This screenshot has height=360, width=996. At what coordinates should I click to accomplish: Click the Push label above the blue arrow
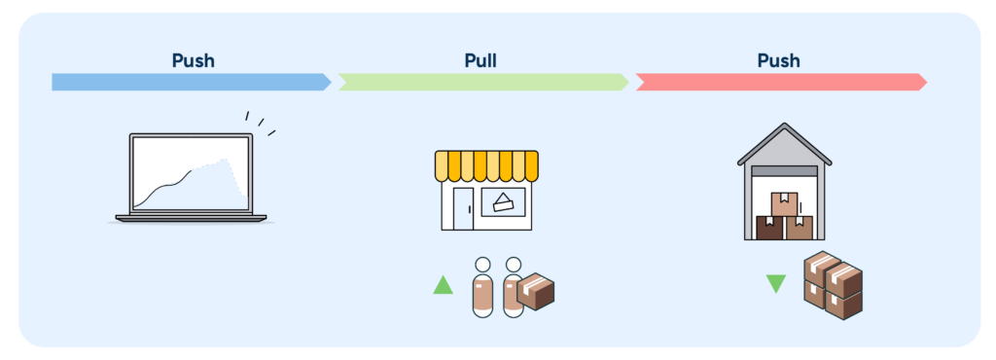(x=193, y=60)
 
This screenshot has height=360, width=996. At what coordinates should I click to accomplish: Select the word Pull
(x=480, y=60)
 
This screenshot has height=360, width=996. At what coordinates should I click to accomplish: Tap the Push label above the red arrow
(x=778, y=60)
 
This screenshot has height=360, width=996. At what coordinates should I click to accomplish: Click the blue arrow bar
(x=190, y=82)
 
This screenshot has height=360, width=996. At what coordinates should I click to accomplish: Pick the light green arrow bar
(x=483, y=82)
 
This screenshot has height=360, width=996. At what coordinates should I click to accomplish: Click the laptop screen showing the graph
(x=191, y=172)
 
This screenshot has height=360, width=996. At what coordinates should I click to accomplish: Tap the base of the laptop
(x=191, y=218)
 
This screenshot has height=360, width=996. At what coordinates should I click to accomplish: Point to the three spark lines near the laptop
(x=260, y=123)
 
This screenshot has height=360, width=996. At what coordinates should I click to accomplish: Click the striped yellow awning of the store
(x=486, y=166)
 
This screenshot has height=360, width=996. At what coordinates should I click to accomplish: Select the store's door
(x=462, y=207)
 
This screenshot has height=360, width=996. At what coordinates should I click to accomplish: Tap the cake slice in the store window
(x=503, y=202)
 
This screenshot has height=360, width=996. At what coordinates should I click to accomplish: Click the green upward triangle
(x=443, y=285)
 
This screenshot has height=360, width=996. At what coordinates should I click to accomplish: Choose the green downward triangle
(x=775, y=284)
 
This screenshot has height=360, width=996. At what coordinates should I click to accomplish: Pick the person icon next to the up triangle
(x=482, y=288)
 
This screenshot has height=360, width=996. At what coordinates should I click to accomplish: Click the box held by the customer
(x=535, y=291)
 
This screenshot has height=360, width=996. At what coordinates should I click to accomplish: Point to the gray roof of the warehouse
(x=784, y=143)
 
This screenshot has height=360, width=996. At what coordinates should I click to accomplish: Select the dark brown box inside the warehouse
(x=770, y=228)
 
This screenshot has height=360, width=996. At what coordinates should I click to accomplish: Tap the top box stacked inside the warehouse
(x=784, y=203)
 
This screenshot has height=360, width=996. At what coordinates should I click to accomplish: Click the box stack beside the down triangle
(x=833, y=285)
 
